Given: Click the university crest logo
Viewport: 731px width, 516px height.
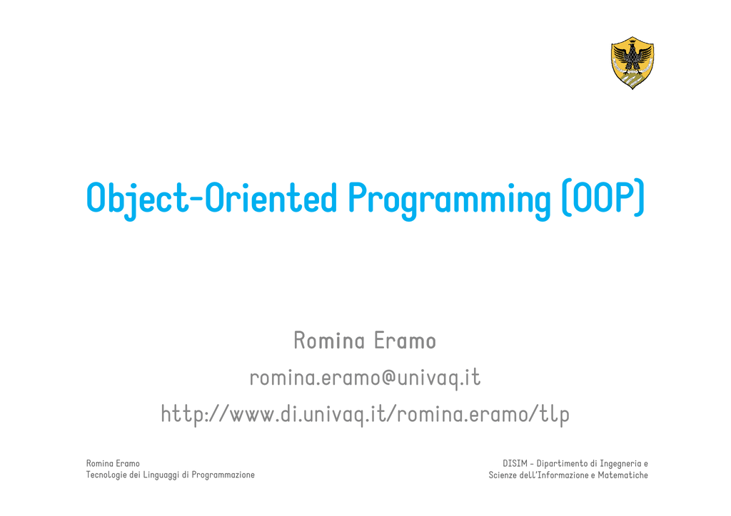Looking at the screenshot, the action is (632, 63).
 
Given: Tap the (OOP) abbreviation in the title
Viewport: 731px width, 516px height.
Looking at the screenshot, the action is (603, 197).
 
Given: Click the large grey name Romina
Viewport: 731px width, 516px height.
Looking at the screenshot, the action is (329, 341).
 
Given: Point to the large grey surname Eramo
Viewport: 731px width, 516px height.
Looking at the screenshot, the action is (405, 341).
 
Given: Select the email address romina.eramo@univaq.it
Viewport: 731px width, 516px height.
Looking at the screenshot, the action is (365, 377).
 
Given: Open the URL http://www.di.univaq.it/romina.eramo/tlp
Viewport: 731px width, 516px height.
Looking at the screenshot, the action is (365, 414).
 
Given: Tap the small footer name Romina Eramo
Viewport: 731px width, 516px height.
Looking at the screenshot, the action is (113, 463).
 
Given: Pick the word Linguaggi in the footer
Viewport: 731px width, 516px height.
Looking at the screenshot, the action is (161, 475).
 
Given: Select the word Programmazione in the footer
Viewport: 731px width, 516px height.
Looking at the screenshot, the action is (223, 475).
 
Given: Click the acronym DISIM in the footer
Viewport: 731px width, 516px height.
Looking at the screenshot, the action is (515, 463).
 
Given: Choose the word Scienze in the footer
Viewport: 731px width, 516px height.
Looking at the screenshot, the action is (503, 475).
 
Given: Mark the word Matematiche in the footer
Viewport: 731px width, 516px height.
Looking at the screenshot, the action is (622, 475).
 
